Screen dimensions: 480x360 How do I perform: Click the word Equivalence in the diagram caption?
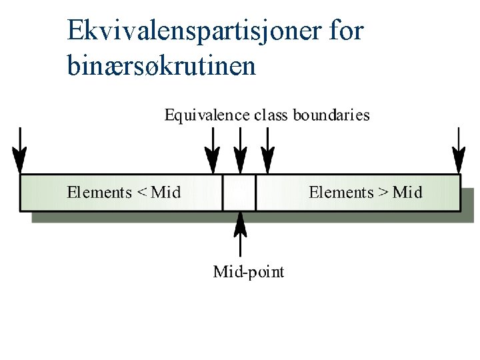pos(207,115)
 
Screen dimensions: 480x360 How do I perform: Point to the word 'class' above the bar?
pos(271,115)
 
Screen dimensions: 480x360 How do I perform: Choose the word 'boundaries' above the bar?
pos(331,115)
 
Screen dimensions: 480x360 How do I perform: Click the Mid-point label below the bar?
pos(248,272)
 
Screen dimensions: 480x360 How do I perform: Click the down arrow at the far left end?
pos(19,150)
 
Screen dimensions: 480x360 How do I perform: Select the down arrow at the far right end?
pos(458,150)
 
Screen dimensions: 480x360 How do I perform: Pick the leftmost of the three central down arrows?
pos(212,150)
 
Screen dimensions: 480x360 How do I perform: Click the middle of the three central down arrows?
pos(240,150)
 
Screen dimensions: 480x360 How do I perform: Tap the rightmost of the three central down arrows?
pos(267,150)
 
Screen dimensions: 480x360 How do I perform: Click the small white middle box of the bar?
pos(239,193)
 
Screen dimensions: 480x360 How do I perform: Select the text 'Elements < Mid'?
pos(123,193)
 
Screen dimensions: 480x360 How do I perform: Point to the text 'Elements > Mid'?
pos(365,193)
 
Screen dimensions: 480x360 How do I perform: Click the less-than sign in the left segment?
pos(142,193)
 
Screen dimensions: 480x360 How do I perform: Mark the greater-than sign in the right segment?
pos(383,193)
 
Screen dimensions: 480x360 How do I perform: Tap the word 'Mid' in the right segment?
pos(407,193)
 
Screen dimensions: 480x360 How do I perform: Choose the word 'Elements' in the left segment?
pos(99,193)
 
